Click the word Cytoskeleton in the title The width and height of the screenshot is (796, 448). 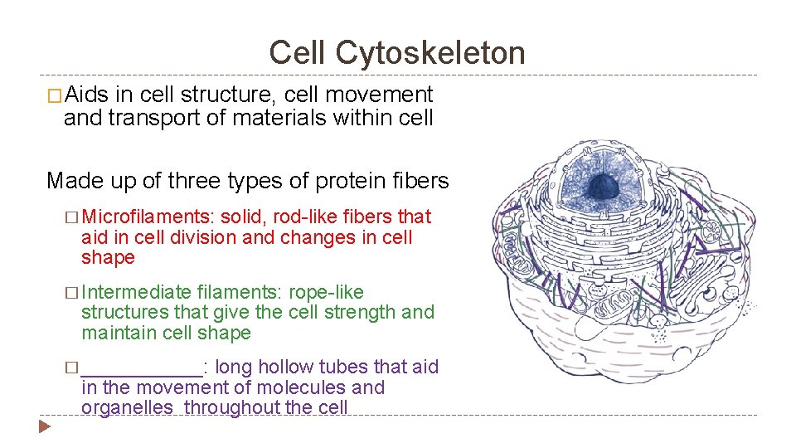click(430, 53)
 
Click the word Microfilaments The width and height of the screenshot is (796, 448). click(148, 217)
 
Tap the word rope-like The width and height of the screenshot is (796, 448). click(326, 292)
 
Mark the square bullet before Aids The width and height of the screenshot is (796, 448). click(55, 96)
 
